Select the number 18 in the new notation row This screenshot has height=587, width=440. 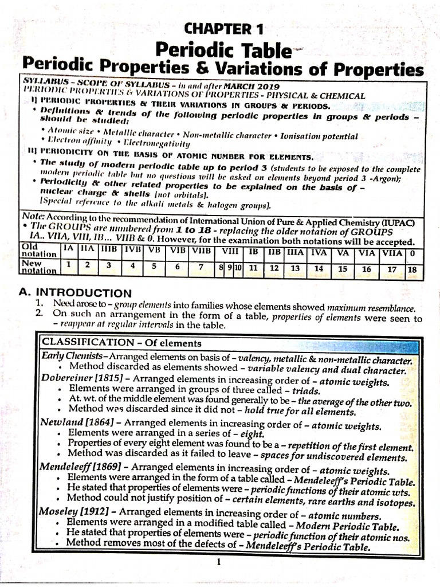[x=411, y=268]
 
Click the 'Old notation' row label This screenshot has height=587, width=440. [x=38, y=251]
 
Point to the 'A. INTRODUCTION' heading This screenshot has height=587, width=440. [x=74, y=292]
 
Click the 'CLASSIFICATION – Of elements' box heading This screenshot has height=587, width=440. [x=121, y=343]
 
